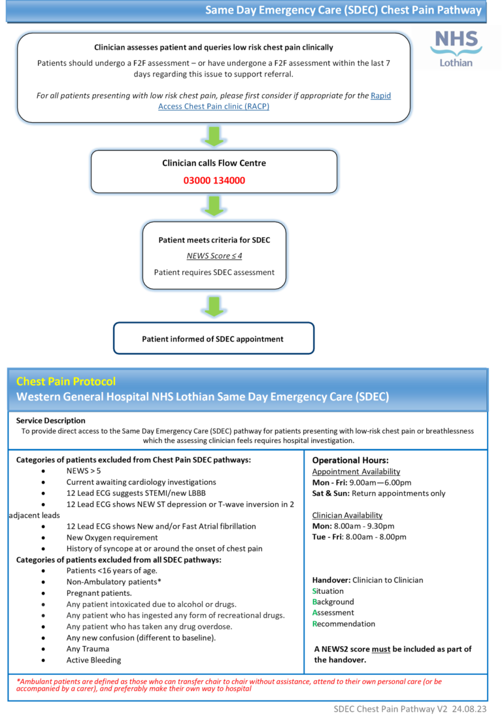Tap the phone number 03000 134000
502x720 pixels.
coord(214,180)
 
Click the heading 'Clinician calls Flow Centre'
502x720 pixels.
coord(214,163)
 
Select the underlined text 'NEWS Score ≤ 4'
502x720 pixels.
coord(214,256)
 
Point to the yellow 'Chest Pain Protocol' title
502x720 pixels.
coord(65,381)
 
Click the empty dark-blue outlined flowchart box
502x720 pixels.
coord(214,338)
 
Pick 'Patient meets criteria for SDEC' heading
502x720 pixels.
coord(214,240)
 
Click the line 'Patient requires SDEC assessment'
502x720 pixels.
coord(214,272)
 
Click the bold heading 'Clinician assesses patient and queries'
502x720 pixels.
coord(214,47)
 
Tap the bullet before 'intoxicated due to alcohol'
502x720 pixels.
coord(42,604)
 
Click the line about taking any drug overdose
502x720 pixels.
coord(149,627)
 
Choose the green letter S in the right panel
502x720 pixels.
coord(314,591)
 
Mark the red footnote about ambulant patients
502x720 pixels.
coord(229,685)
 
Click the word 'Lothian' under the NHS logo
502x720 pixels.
coord(456,63)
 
